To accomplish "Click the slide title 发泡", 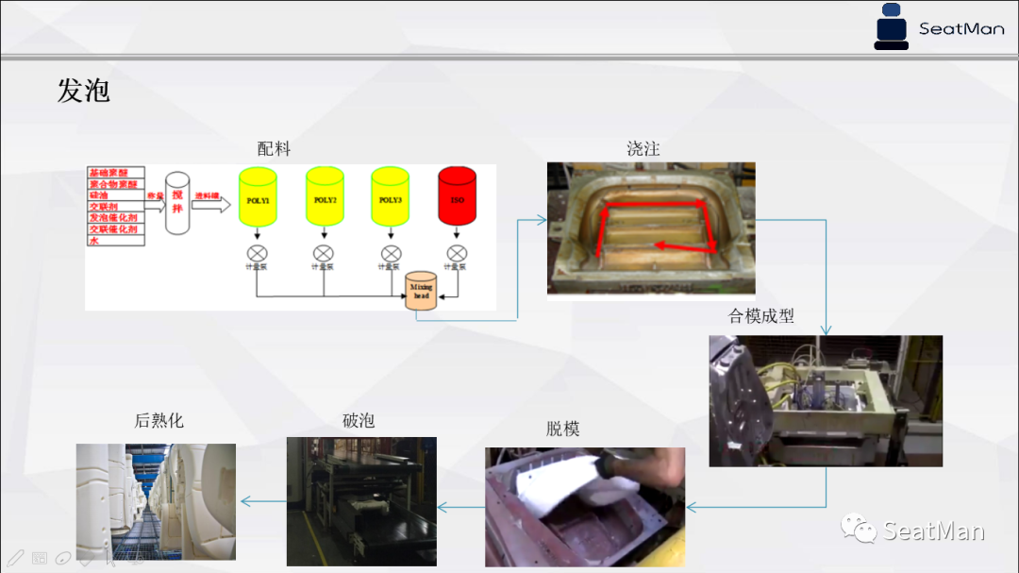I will pyautogui.click(x=84, y=91).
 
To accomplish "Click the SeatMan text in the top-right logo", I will pyautogui.click(x=961, y=28).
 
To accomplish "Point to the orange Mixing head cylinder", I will pyautogui.click(x=422, y=292).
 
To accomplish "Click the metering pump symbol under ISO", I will pyautogui.click(x=457, y=253).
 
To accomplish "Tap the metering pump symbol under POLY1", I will pyautogui.click(x=258, y=253).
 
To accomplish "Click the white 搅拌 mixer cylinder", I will pyautogui.click(x=177, y=203).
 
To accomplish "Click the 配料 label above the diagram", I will pyautogui.click(x=274, y=149).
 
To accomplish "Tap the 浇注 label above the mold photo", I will pyautogui.click(x=643, y=149).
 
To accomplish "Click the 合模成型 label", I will pyautogui.click(x=761, y=316).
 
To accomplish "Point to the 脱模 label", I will pyautogui.click(x=562, y=429).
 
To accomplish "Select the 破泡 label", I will pyautogui.click(x=359, y=420).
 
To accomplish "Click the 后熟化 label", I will pyautogui.click(x=159, y=420).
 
